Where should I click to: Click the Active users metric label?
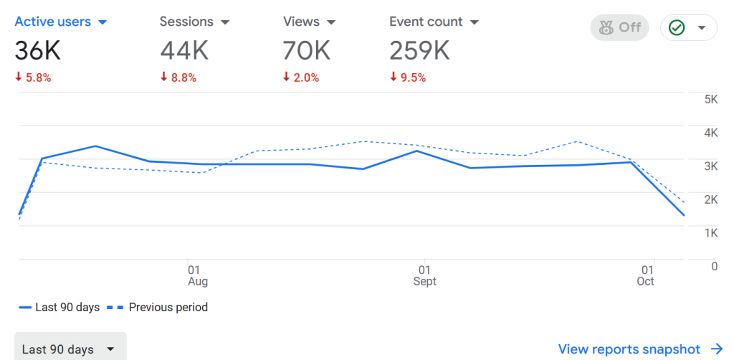pyautogui.click(x=52, y=22)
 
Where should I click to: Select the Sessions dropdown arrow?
pyautogui.click(x=225, y=22)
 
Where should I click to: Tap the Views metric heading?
pyautogui.click(x=301, y=22)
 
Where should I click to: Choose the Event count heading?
pyautogui.click(x=426, y=22)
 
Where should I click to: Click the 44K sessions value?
pyautogui.click(x=184, y=50)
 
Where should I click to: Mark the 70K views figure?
pyautogui.click(x=307, y=50)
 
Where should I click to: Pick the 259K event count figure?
pyautogui.click(x=419, y=50)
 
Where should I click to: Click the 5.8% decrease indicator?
pyautogui.click(x=33, y=77)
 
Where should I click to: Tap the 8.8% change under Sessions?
pyautogui.click(x=178, y=77)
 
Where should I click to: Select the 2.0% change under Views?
pyautogui.click(x=301, y=77)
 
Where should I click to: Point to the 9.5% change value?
pyautogui.click(x=408, y=77)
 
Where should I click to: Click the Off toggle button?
pyautogui.click(x=620, y=27)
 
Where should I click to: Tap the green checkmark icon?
pyautogui.click(x=676, y=28)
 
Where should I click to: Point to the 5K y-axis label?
pyautogui.click(x=711, y=100)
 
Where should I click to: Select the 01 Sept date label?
pyautogui.click(x=425, y=275)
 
